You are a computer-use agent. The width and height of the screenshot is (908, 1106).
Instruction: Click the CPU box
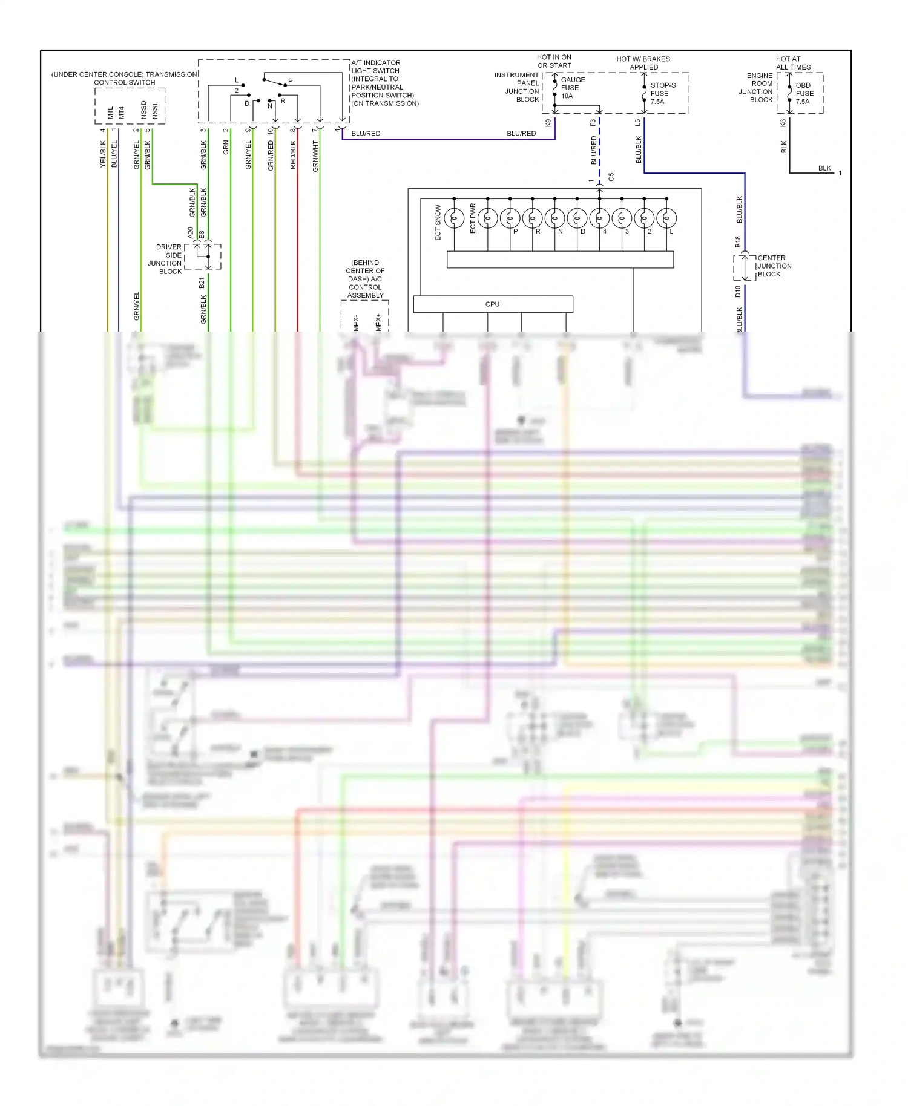pos(493,304)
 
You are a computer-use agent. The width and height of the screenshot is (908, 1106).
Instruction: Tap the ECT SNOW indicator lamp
pos(454,218)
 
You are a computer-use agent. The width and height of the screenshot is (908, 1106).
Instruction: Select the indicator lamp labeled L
pos(666,218)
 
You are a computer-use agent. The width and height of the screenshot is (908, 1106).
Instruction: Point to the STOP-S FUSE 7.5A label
pos(662,93)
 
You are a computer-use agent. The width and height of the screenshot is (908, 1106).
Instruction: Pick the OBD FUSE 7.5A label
pos(804,93)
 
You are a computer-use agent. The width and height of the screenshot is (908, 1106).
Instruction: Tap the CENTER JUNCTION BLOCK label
pos(774,266)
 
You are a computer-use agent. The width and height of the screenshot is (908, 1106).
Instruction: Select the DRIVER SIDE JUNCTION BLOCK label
pos(165,259)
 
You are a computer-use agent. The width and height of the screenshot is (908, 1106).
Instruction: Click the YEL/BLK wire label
pos(103,154)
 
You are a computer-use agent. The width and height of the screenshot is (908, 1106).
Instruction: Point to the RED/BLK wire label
pos(293,154)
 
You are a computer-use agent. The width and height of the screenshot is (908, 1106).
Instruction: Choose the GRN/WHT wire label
pos(315,156)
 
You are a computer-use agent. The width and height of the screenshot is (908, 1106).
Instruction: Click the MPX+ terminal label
pos(378,321)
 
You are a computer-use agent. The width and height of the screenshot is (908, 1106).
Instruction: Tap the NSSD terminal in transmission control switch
pos(143,109)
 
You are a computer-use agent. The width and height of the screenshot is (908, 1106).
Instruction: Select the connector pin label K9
pos(548,123)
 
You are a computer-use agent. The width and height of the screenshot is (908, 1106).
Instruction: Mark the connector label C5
pos(611,177)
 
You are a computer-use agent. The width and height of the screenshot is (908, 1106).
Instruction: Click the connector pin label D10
pos(738,291)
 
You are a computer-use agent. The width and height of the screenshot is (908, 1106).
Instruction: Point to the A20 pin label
pos(190,232)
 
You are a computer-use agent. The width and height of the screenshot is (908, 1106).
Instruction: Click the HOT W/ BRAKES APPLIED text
pos(643,63)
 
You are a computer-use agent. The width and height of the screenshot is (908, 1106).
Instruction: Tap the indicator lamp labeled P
pos(510,218)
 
